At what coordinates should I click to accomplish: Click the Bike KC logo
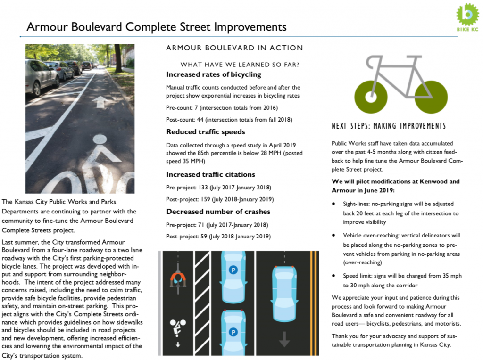click(x=467, y=19)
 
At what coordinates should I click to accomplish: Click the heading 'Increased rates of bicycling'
click(x=213, y=74)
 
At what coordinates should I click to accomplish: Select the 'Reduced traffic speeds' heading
click(x=205, y=132)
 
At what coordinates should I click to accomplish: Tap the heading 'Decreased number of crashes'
click(x=218, y=211)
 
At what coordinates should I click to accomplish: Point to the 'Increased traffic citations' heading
click(x=210, y=174)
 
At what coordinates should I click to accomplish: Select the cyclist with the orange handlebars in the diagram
click(x=178, y=278)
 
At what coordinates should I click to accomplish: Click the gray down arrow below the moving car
click(x=284, y=338)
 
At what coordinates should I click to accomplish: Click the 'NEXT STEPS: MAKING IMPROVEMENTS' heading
click(x=388, y=126)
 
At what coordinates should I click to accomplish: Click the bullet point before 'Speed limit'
click(x=334, y=276)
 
